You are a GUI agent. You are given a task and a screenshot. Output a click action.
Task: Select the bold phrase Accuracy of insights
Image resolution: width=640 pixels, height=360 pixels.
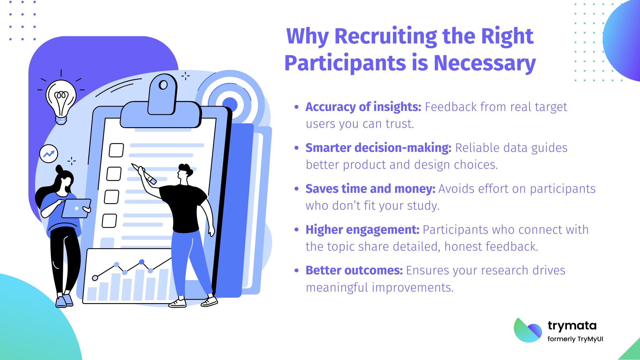click(363, 107)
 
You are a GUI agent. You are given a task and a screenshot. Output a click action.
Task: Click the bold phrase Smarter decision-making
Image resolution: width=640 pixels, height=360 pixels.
click(378, 148)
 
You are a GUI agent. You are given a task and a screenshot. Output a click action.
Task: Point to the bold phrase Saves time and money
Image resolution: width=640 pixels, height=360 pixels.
click(370, 189)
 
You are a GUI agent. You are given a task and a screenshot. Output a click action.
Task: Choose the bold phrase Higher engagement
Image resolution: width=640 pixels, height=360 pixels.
click(362, 230)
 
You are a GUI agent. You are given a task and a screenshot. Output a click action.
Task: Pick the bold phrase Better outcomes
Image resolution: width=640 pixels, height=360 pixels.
click(354, 270)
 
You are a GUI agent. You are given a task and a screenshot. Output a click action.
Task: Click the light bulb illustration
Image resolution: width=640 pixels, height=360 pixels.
click(61, 99)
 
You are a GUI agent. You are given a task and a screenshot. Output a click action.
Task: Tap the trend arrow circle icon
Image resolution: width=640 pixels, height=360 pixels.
click(49, 154)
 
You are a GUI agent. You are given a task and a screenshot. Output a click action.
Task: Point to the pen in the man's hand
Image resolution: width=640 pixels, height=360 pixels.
click(144, 173)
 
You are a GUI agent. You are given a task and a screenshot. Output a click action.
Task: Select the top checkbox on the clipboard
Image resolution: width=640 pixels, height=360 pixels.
click(116, 150)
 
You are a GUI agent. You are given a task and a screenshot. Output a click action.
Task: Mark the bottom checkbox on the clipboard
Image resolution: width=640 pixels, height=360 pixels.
click(109, 221)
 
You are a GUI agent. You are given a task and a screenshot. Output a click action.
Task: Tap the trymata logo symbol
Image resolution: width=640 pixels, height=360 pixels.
click(528, 330)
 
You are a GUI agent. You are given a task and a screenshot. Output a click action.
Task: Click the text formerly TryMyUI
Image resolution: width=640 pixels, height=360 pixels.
click(575, 339)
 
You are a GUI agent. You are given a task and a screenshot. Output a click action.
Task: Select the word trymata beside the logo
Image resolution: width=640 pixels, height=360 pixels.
click(572, 326)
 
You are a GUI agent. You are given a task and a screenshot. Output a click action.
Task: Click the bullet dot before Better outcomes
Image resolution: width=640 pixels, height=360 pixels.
click(297, 271)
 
